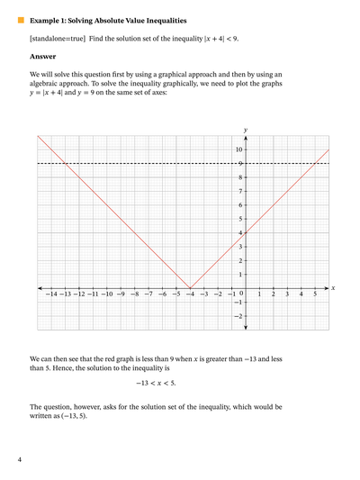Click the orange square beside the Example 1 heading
coord(21,18)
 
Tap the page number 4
coord(20,459)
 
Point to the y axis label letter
coord(245,130)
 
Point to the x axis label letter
coord(333,288)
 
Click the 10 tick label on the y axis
coord(238,149)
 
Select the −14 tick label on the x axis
coord(51,294)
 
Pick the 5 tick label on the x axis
coord(315,294)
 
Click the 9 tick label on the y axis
coord(240,163)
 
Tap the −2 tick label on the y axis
coord(238,316)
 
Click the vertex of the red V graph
coord(190,288)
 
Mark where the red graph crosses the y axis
coord(245,233)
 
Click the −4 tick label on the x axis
coord(190,294)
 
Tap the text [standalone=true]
coord(57,38)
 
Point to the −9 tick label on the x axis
coord(121,294)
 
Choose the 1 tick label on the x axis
coord(259,294)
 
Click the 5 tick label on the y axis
coord(240,219)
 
